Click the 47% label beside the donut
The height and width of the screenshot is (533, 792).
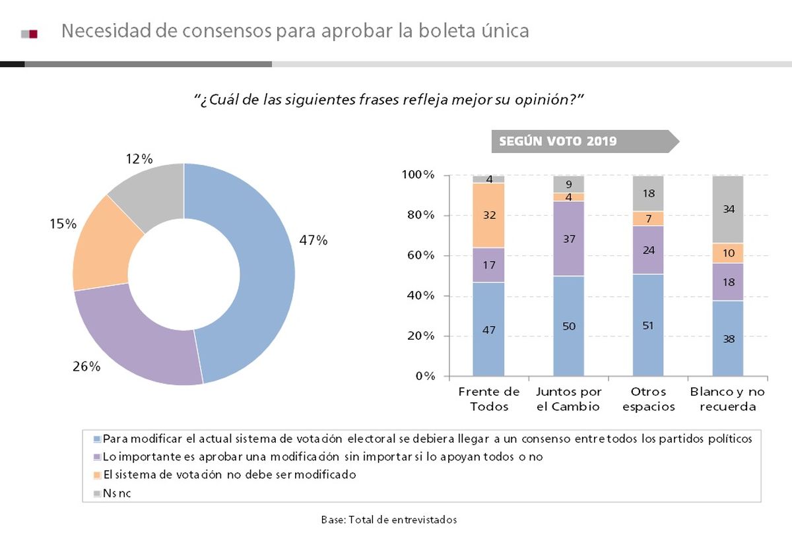tap(313, 241)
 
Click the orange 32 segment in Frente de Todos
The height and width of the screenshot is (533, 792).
tap(488, 215)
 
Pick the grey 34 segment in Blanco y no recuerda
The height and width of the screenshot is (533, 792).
tap(728, 209)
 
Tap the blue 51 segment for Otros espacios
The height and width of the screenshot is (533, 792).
tap(648, 325)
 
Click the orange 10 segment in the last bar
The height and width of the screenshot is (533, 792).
tap(728, 253)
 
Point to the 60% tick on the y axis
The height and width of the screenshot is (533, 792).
tap(419, 256)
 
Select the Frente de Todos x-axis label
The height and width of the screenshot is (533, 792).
tap(488, 399)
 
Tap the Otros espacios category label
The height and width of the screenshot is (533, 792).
tap(648, 399)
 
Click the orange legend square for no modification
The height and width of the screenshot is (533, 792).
tap(98, 475)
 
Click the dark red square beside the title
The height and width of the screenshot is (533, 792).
tap(34, 34)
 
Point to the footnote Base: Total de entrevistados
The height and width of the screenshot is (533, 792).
tap(389, 520)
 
